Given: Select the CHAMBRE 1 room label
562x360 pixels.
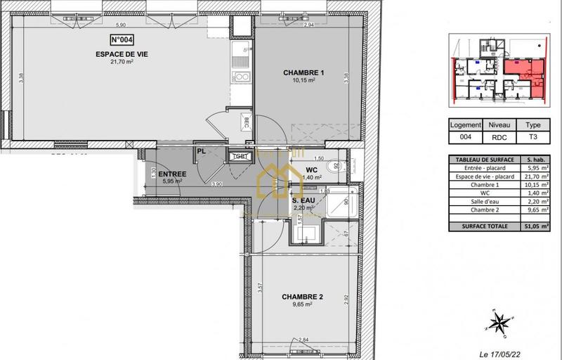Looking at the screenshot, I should coord(303,72).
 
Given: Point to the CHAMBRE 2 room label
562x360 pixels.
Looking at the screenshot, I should coord(302,297).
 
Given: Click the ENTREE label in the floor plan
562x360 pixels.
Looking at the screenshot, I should coord(172,174).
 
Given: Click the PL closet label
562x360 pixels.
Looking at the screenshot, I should coord(201,151).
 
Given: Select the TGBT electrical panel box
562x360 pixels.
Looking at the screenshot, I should coord(240,156).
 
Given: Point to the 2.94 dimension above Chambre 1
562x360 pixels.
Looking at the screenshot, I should coord(287,25).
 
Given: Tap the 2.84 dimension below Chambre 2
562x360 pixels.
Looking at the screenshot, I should coord(304,340).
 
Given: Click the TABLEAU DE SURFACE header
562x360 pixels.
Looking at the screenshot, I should coord(483,160).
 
